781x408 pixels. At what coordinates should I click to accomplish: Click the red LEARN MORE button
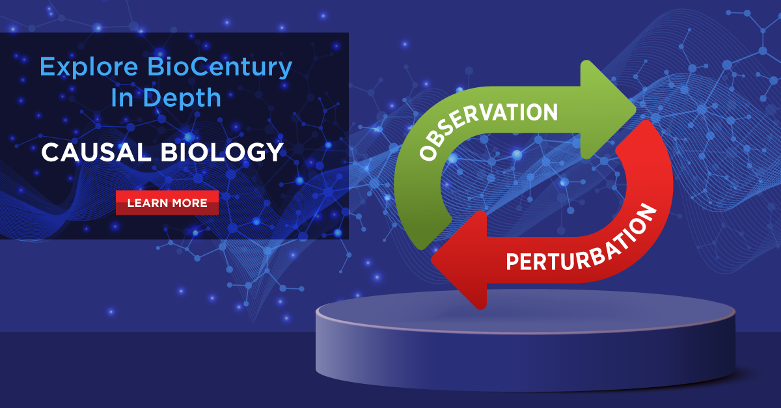coord(167,203)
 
